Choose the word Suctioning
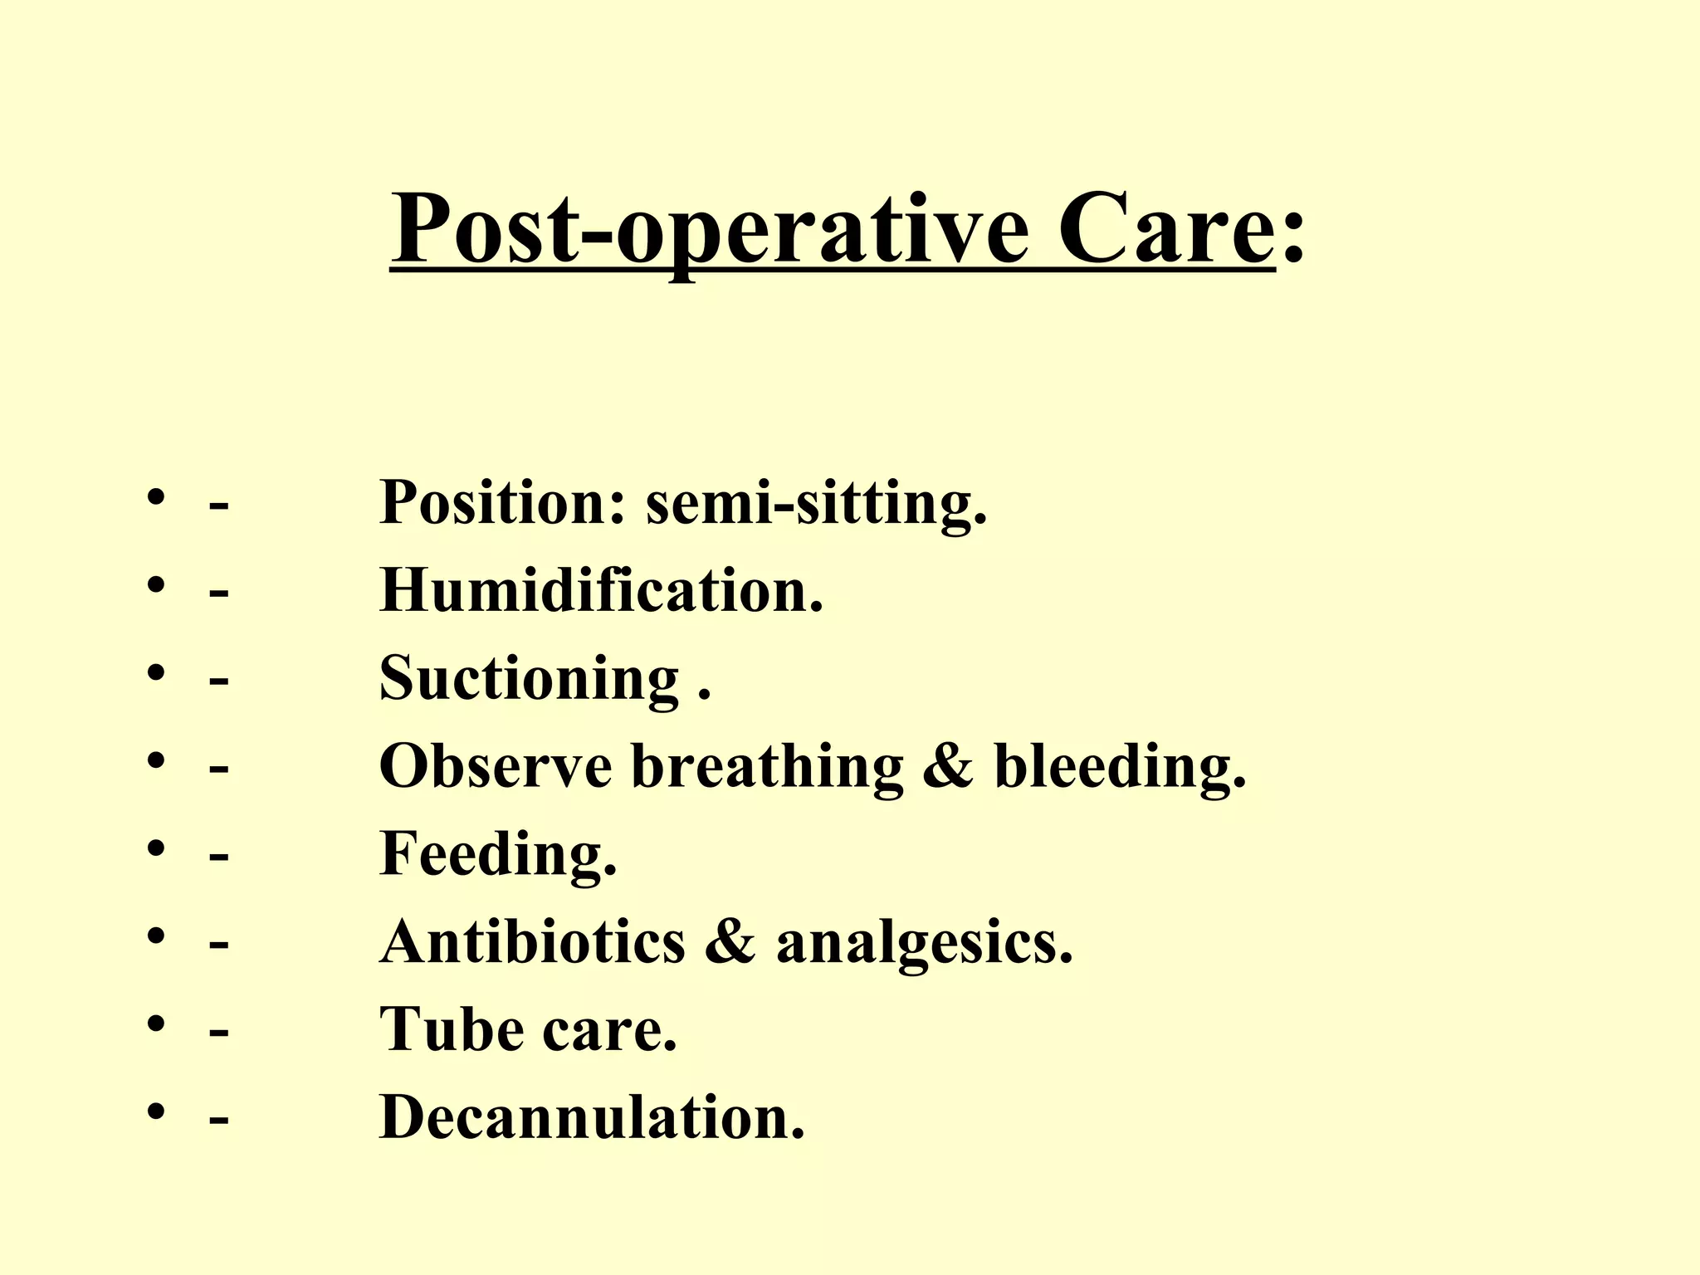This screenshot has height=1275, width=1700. [x=530, y=679]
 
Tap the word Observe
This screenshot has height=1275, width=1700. [x=496, y=765]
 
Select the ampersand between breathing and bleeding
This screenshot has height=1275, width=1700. [x=947, y=766]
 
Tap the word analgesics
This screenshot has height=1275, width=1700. [x=924, y=945]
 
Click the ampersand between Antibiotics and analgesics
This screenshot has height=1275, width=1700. [x=730, y=943]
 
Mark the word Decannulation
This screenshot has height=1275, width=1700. [x=592, y=1117]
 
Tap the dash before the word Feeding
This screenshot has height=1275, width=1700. [x=219, y=856]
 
